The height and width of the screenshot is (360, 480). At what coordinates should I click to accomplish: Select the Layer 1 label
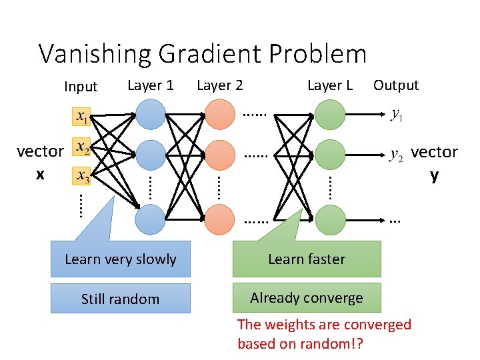[151, 85]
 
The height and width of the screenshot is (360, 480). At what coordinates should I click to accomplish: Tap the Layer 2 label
[220, 85]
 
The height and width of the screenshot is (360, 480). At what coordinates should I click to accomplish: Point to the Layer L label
[329, 85]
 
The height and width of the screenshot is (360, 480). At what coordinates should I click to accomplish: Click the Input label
[81, 86]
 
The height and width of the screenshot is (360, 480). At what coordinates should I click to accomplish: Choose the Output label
[396, 85]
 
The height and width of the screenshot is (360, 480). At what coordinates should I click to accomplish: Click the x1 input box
[81, 117]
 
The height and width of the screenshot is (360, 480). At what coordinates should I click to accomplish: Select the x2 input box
[81, 147]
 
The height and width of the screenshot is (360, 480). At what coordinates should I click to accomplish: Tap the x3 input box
[81, 177]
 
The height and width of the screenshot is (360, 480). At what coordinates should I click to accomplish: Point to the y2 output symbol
[396, 155]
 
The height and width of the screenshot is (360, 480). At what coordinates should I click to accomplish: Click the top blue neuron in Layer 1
[151, 114]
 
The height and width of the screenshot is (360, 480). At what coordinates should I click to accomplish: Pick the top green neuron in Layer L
[329, 114]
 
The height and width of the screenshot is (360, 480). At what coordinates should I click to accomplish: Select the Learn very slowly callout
[121, 259]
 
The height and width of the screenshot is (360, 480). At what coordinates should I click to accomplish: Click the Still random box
[121, 299]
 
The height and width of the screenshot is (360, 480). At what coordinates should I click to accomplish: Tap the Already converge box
[307, 298]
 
